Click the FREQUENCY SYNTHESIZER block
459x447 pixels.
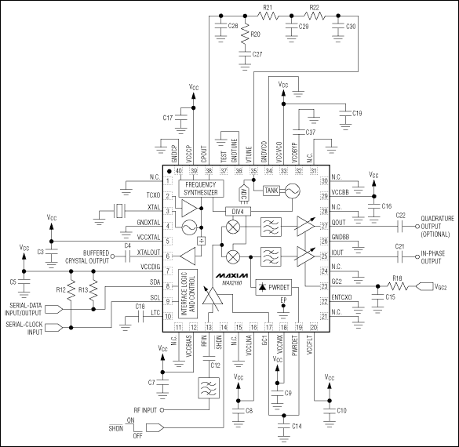202,188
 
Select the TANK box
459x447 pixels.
271,190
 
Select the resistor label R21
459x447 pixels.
268,7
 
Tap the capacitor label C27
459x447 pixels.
257,54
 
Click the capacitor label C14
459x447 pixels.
297,426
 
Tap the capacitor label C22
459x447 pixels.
401,215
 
